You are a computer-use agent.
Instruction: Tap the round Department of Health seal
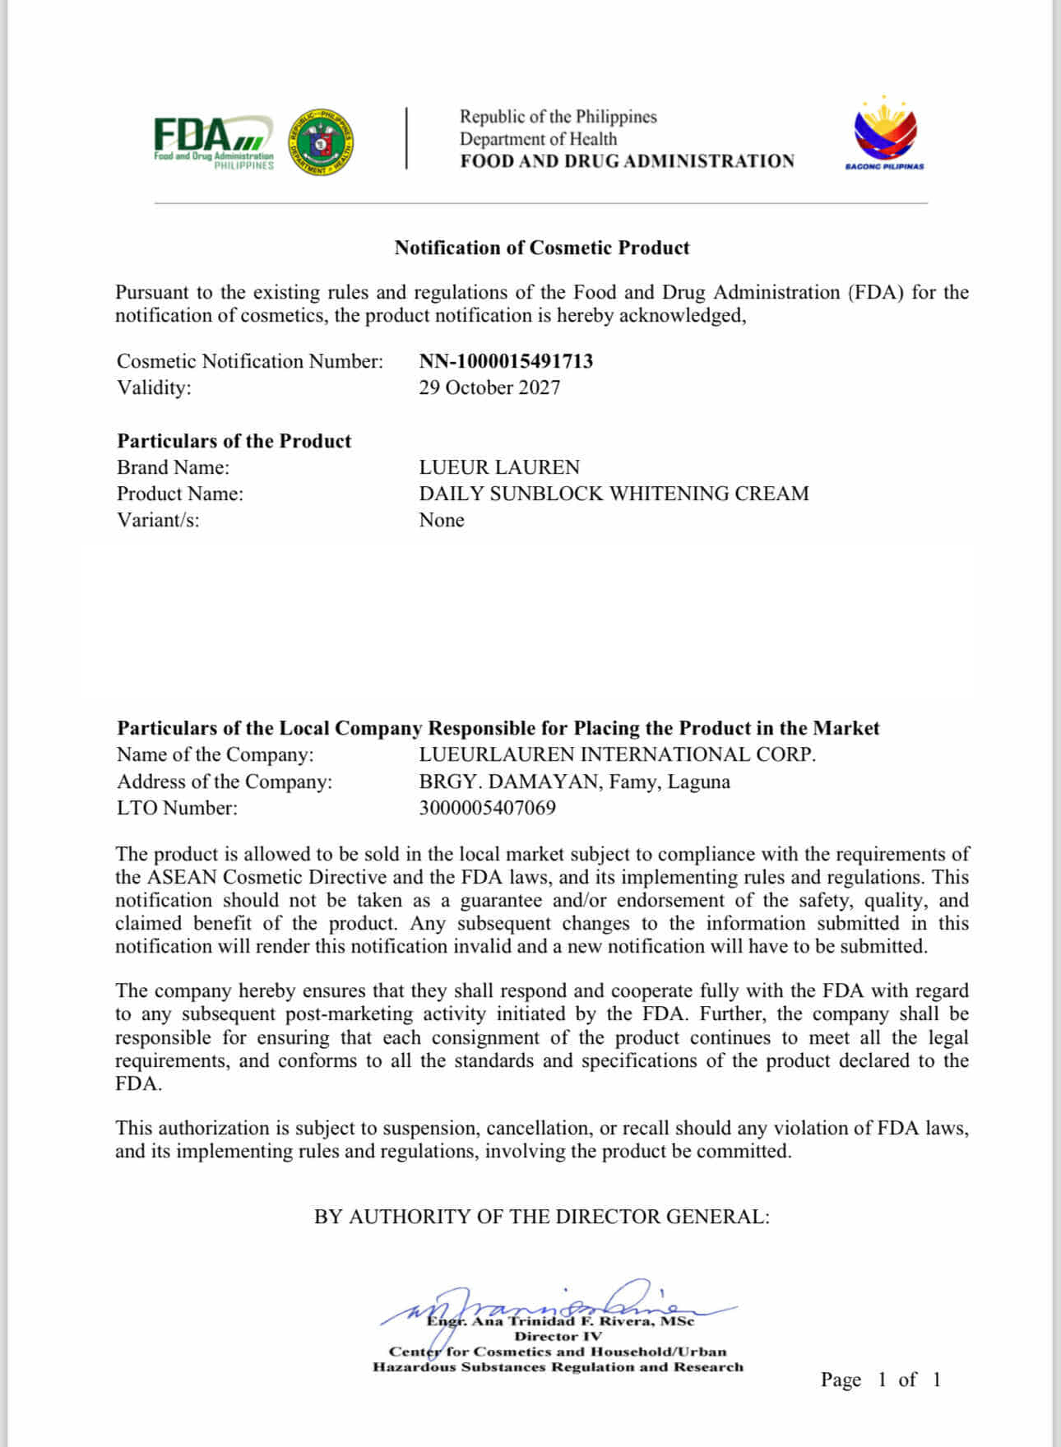tap(321, 141)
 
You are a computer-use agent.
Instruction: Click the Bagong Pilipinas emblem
tap(884, 133)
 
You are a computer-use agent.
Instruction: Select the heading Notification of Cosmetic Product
tap(541, 248)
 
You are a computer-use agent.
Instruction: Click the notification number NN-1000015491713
tap(506, 361)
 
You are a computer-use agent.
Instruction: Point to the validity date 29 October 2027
tap(489, 387)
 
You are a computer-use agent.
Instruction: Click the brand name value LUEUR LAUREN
tap(499, 467)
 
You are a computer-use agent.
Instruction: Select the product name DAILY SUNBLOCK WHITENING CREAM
tap(614, 494)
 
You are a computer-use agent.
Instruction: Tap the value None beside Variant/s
tap(442, 520)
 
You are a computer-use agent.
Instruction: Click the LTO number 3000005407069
tap(487, 808)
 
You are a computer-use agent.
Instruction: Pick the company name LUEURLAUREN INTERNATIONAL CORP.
tap(617, 754)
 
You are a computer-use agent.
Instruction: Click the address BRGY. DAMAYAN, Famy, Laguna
tap(574, 781)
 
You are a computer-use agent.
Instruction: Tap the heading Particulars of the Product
tap(234, 441)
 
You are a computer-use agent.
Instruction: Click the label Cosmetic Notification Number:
tap(250, 361)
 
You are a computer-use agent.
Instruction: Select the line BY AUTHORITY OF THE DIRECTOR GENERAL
tap(541, 1217)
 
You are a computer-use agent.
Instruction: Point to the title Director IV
tap(558, 1337)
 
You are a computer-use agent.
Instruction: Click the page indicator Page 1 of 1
tap(880, 1380)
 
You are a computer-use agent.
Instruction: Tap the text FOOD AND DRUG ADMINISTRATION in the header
tap(627, 161)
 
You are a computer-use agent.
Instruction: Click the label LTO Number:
tap(177, 808)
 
